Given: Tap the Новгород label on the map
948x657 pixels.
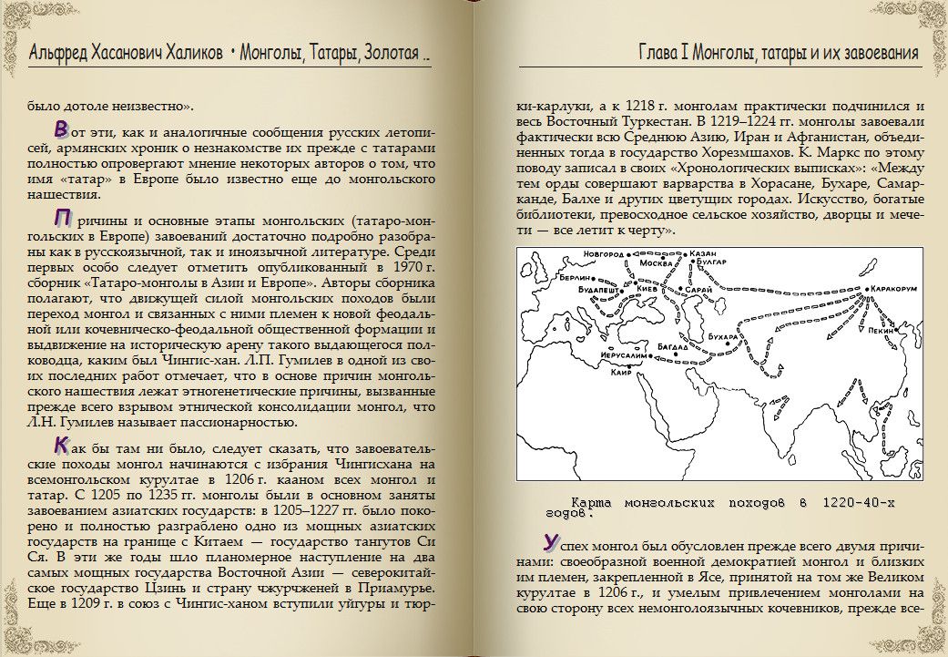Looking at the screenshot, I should pos(607,253).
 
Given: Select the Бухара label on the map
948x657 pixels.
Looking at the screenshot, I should pos(721,337).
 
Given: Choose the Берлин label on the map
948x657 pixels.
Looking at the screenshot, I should pos(576,277).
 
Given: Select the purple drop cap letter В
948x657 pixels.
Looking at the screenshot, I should pos(61,127).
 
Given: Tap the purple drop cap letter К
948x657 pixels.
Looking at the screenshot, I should pos(62,445).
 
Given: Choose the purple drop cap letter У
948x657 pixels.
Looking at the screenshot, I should pos(550,541).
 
